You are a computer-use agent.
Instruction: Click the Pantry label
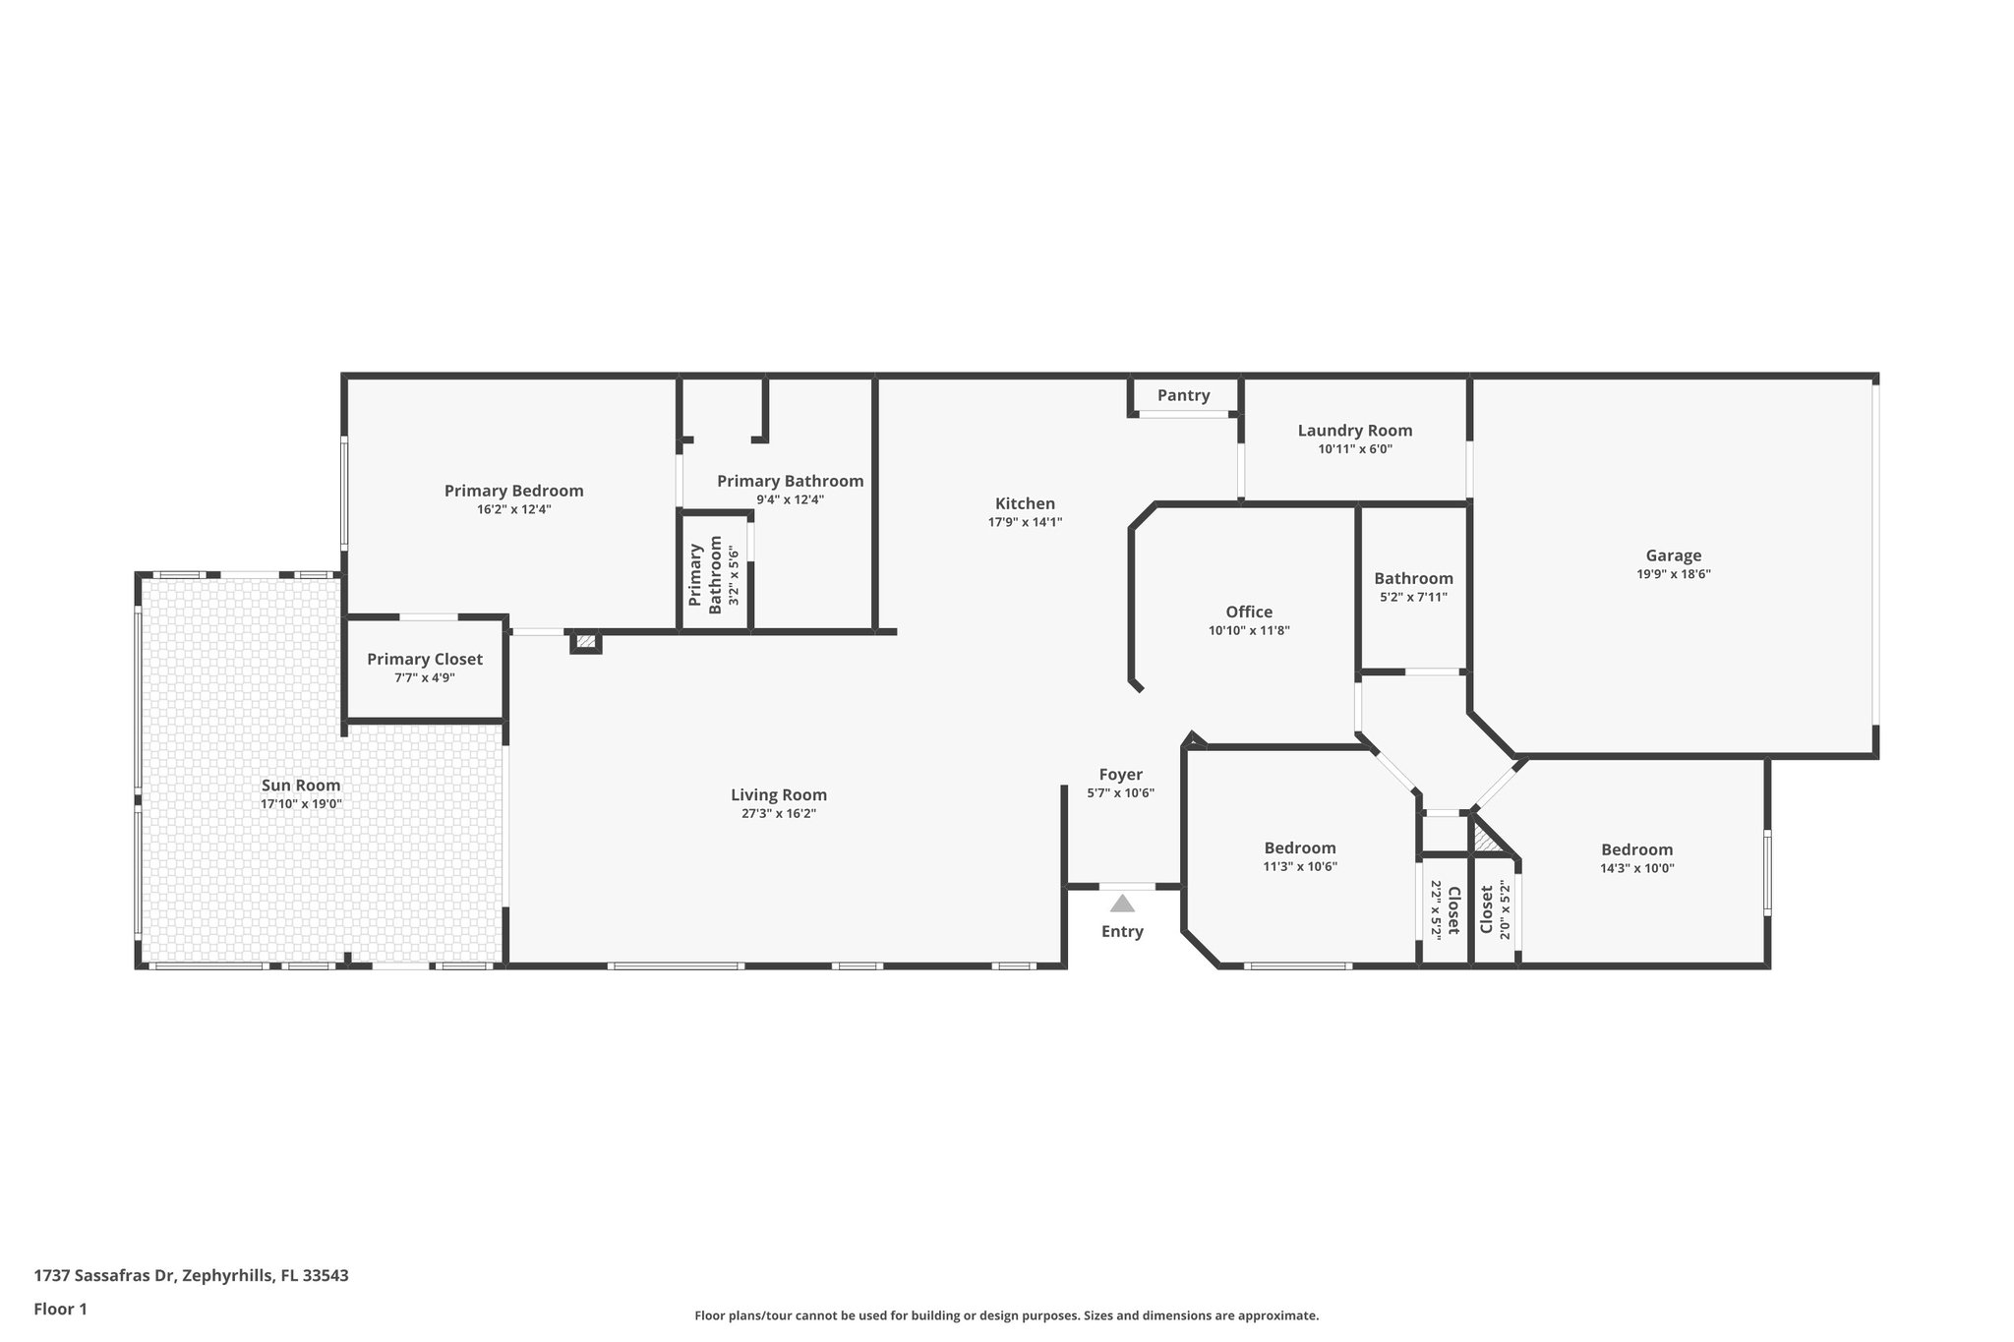[x=1183, y=395]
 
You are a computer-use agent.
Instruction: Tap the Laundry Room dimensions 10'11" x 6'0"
[x=1355, y=449]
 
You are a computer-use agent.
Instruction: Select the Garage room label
[x=1673, y=555]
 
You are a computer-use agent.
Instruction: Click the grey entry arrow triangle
[x=1122, y=904]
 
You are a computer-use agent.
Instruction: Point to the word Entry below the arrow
[x=1122, y=931]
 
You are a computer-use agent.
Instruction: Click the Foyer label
[x=1120, y=775]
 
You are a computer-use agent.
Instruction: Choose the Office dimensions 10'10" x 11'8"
[x=1249, y=631]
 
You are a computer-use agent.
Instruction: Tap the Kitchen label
[x=1025, y=503]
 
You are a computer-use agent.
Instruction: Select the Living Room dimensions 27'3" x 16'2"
[x=779, y=813]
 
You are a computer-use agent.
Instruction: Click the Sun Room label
[x=301, y=785]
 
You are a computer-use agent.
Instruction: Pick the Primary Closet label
[x=425, y=659]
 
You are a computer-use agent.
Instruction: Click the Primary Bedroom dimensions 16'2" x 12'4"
[x=513, y=509]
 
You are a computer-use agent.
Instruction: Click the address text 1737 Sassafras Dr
[x=104, y=1276]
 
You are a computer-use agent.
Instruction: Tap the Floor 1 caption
[x=61, y=1309]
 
